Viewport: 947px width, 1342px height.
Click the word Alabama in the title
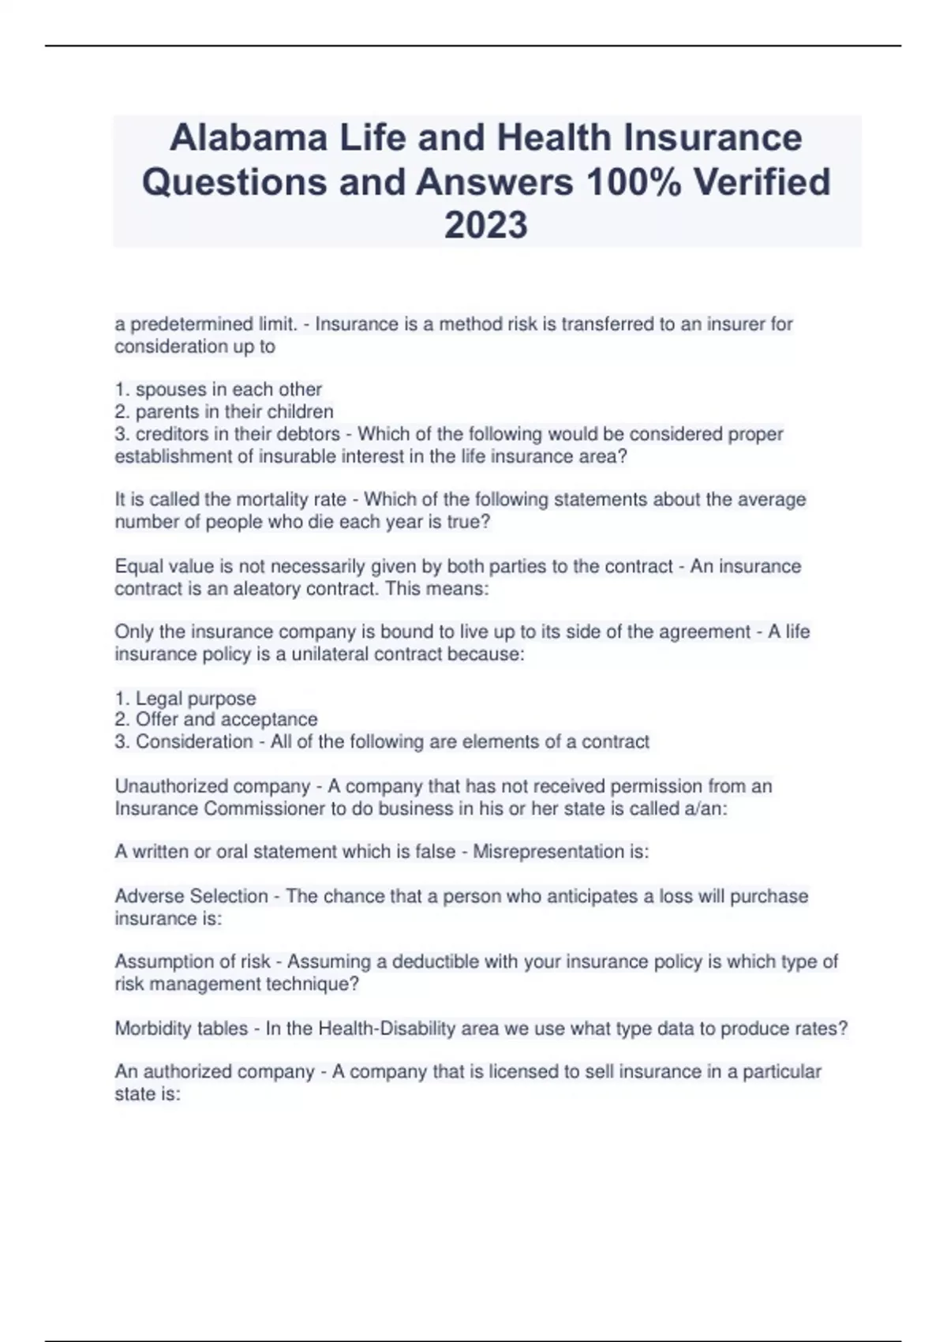(249, 138)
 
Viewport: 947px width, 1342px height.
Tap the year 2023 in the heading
(485, 225)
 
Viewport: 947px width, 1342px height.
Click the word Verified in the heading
(762, 182)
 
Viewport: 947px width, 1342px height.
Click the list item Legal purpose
(195, 699)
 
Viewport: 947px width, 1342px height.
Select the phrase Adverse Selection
(192, 896)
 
